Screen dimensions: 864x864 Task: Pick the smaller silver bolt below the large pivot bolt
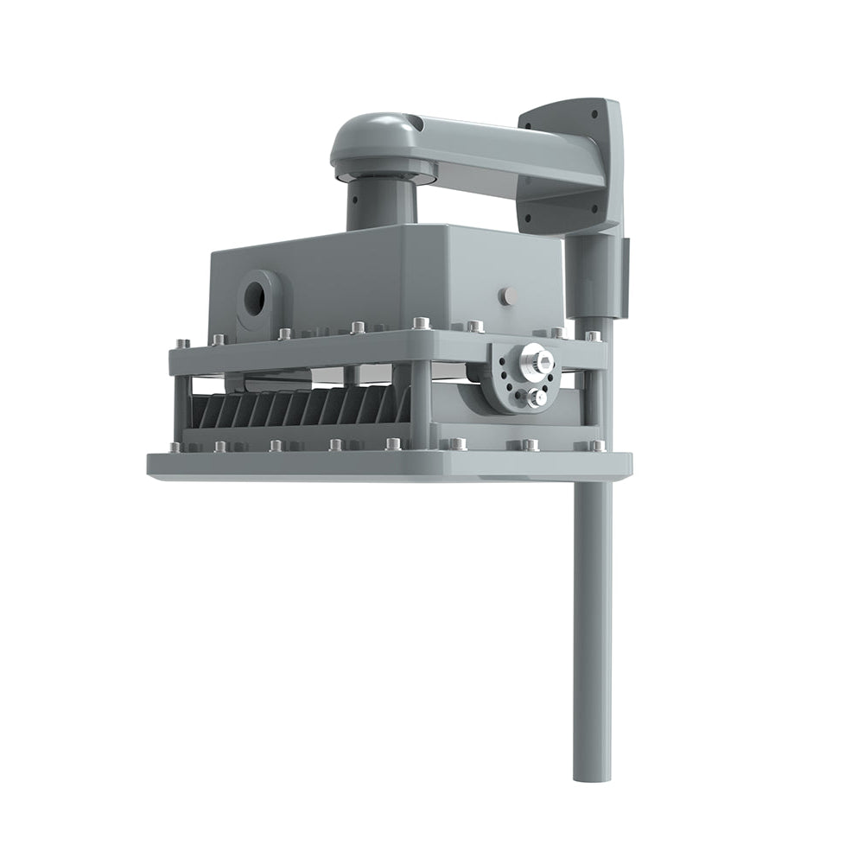tap(537, 397)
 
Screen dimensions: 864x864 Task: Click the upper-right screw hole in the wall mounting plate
tap(594, 113)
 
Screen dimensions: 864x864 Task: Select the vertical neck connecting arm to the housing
tap(381, 206)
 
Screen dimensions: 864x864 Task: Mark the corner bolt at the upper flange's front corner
tap(421, 323)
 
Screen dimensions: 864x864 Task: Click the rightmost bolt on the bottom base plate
tap(597, 446)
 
